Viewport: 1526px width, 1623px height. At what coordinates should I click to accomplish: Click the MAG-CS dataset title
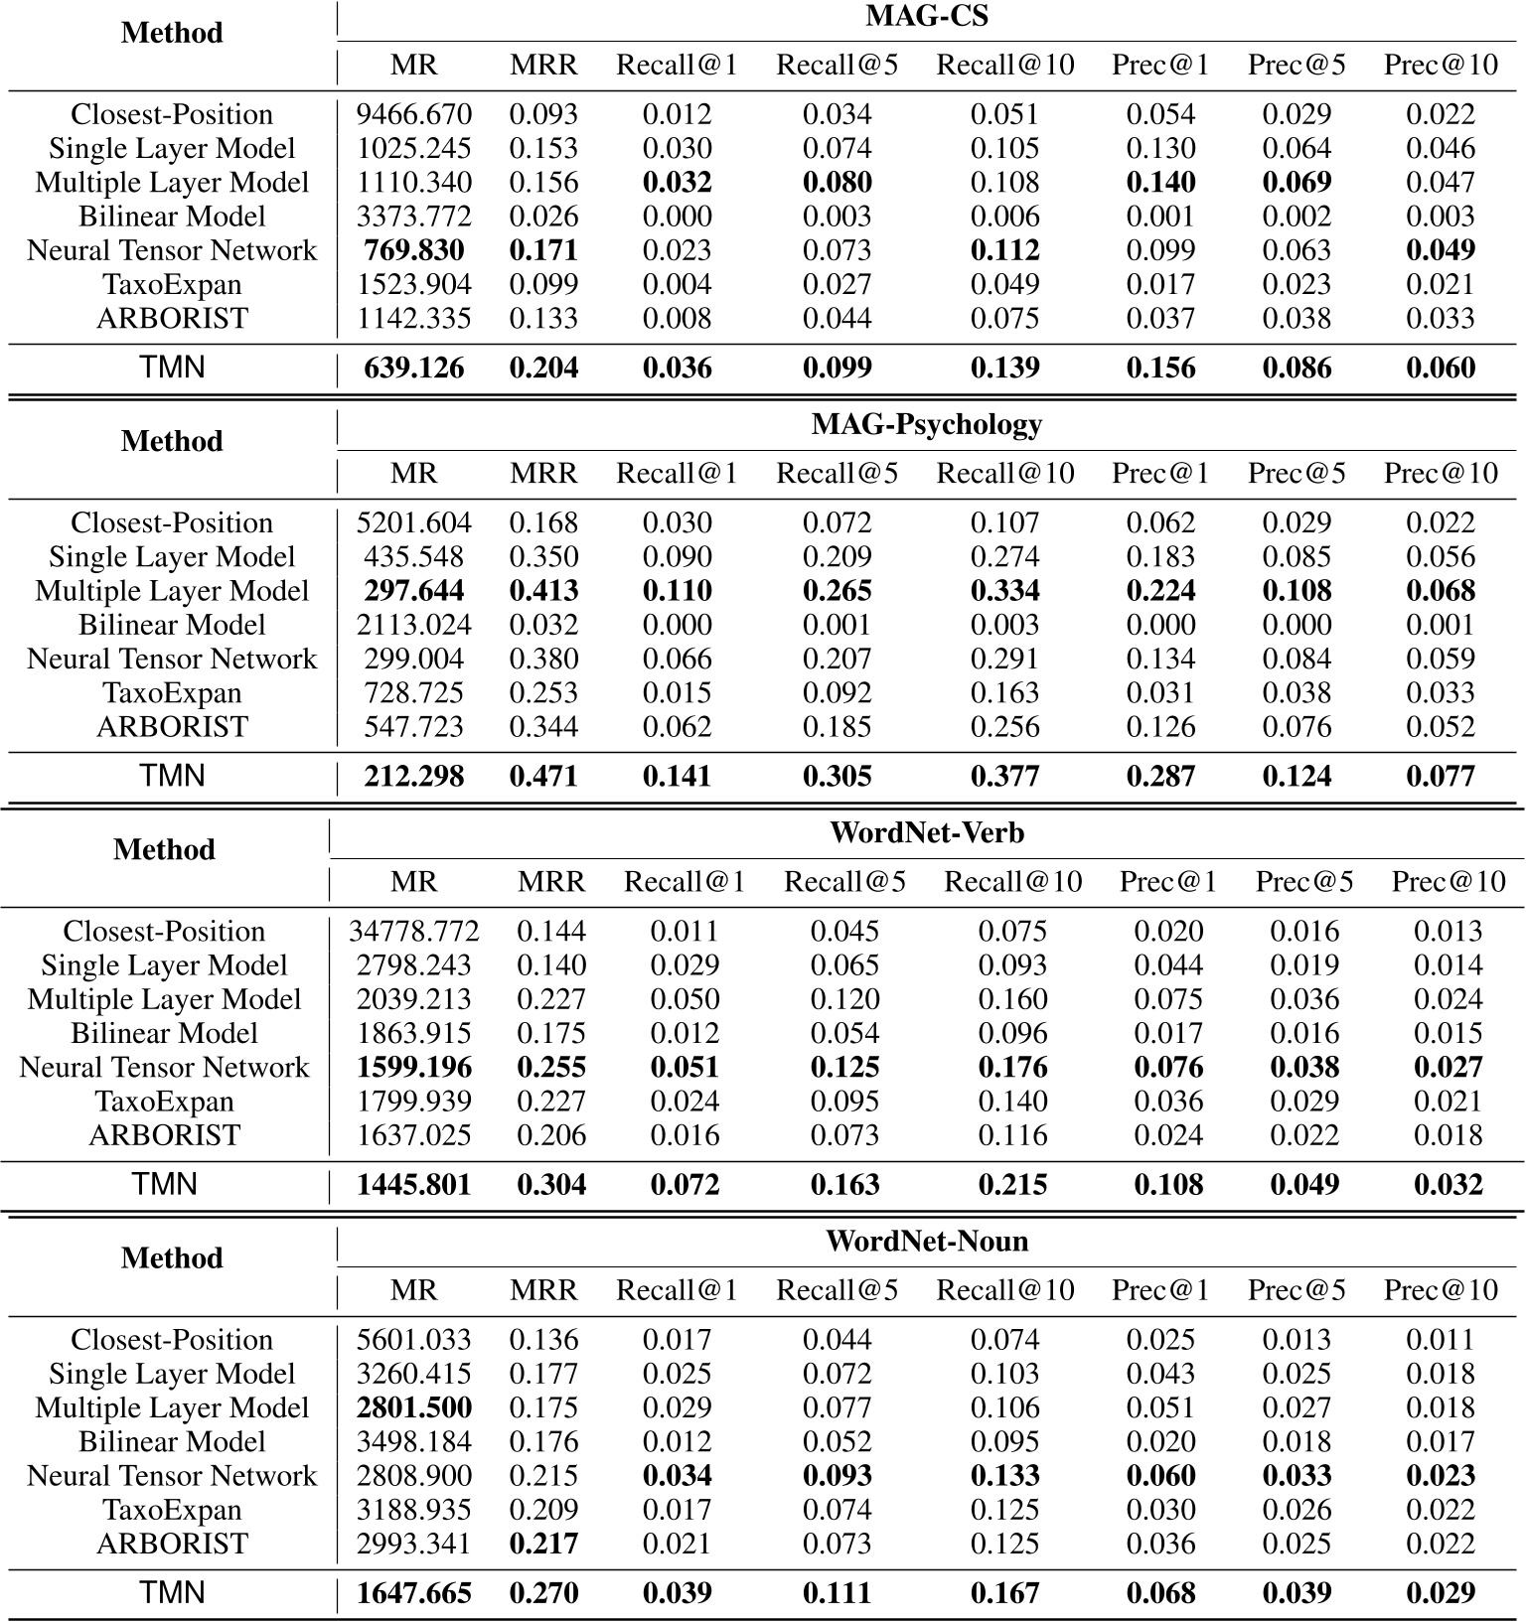(x=926, y=16)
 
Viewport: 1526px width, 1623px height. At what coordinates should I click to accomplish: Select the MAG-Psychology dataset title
(x=926, y=424)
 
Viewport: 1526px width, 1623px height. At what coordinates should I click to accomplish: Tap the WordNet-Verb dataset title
(x=926, y=832)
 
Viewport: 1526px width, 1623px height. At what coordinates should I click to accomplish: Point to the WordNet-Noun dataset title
(x=926, y=1241)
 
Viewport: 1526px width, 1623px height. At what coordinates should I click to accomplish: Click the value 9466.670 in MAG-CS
(x=413, y=114)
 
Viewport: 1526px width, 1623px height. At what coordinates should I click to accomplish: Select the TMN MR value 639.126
(x=413, y=368)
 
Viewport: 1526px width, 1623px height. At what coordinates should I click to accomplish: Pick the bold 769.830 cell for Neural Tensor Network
(x=413, y=250)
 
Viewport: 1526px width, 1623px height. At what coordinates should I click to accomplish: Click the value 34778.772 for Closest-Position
(x=413, y=931)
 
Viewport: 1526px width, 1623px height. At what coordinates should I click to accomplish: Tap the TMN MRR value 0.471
(x=543, y=776)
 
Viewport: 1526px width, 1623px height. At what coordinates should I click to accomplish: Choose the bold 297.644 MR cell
(x=413, y=591)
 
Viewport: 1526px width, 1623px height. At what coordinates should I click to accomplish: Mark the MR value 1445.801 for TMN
(x=413, y=1184)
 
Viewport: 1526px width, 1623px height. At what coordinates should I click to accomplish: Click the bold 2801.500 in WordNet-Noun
(x=413, y=1407)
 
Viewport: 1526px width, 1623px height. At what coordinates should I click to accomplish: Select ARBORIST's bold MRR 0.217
(x=543, y=1544)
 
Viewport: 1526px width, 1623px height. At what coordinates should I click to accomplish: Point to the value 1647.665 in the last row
(x=413, y=1592)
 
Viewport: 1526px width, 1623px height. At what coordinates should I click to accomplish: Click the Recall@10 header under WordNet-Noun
(x=1004, y=1290)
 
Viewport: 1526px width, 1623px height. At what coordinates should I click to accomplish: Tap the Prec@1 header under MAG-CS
(x=1160, y=66)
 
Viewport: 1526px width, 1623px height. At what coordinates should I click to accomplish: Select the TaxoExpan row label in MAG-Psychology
(x=172, y=693)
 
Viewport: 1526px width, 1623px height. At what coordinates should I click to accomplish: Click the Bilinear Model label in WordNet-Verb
(x=164, y=1033)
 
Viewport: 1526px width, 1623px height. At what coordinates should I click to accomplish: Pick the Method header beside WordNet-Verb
(x=164, y=849)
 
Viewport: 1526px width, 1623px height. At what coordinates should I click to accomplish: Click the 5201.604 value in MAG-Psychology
(x=413, y=522)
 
